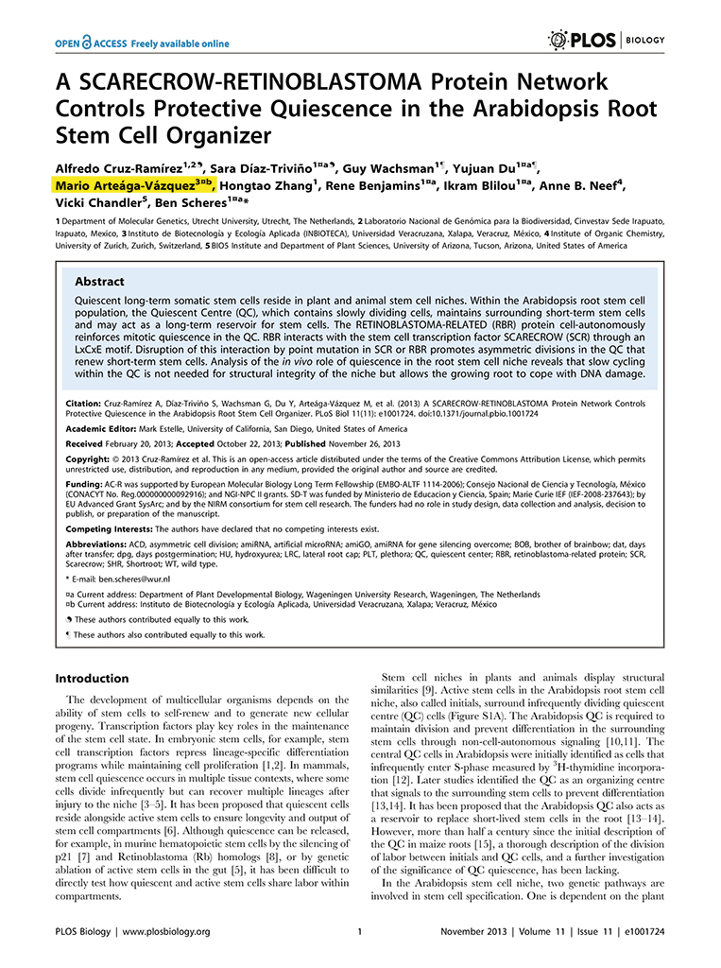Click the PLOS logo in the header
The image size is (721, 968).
pyautogui.click(x=582, y=39)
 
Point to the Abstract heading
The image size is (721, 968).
pyautogui.click(x=100, y=282)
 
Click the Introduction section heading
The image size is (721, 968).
pyautogui.click(x=92, y=679)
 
